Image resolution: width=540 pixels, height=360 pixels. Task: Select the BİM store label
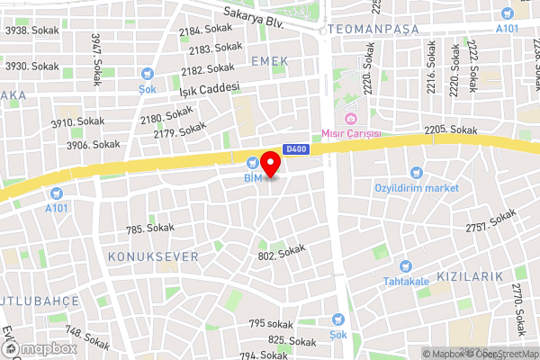[253, 177]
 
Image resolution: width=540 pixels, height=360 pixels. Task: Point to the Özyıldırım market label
[417, 188]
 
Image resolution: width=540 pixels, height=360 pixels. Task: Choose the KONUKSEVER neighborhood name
[153, 256]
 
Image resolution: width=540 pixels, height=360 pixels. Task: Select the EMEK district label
[271, 60]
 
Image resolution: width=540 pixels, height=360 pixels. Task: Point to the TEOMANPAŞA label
[375, 29]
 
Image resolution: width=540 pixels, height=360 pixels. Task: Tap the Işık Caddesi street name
[209, 88]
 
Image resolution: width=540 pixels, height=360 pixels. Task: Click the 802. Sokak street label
[282, 253]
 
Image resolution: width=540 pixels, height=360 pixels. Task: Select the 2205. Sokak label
[450, 130]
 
